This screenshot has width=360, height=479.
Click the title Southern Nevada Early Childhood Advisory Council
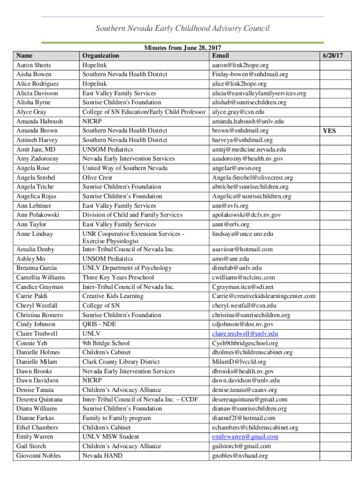(182, 29)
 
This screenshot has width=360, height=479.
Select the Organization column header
(100, 55)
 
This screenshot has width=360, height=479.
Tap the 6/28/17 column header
(332, 55)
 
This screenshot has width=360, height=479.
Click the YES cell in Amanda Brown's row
(329, 131)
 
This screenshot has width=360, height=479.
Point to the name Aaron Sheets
(34, 65)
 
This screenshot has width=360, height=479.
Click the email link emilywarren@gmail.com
(245, 437)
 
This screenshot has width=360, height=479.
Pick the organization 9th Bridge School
(106, 343)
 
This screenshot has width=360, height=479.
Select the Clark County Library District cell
(121, 362)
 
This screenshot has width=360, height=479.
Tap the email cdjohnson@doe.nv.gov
(243, 325)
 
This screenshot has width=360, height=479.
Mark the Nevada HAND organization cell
(102, 456)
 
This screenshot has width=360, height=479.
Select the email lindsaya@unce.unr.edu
(243, 234)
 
